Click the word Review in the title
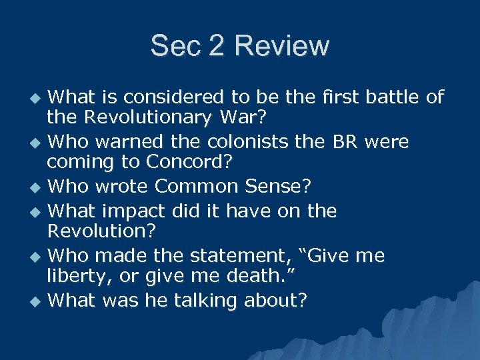pyautogui.click(x=282, y=46)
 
